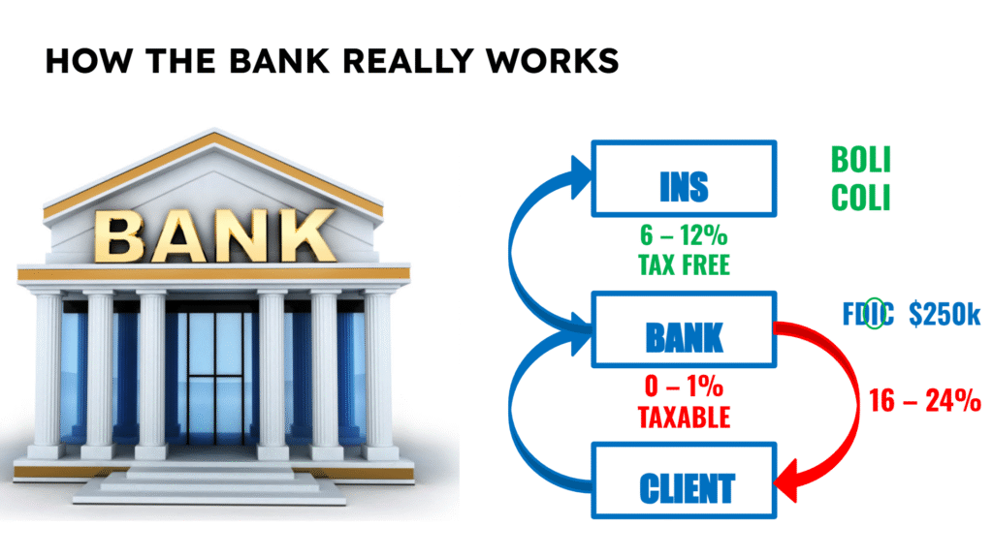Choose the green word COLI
(x=860, y=198)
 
